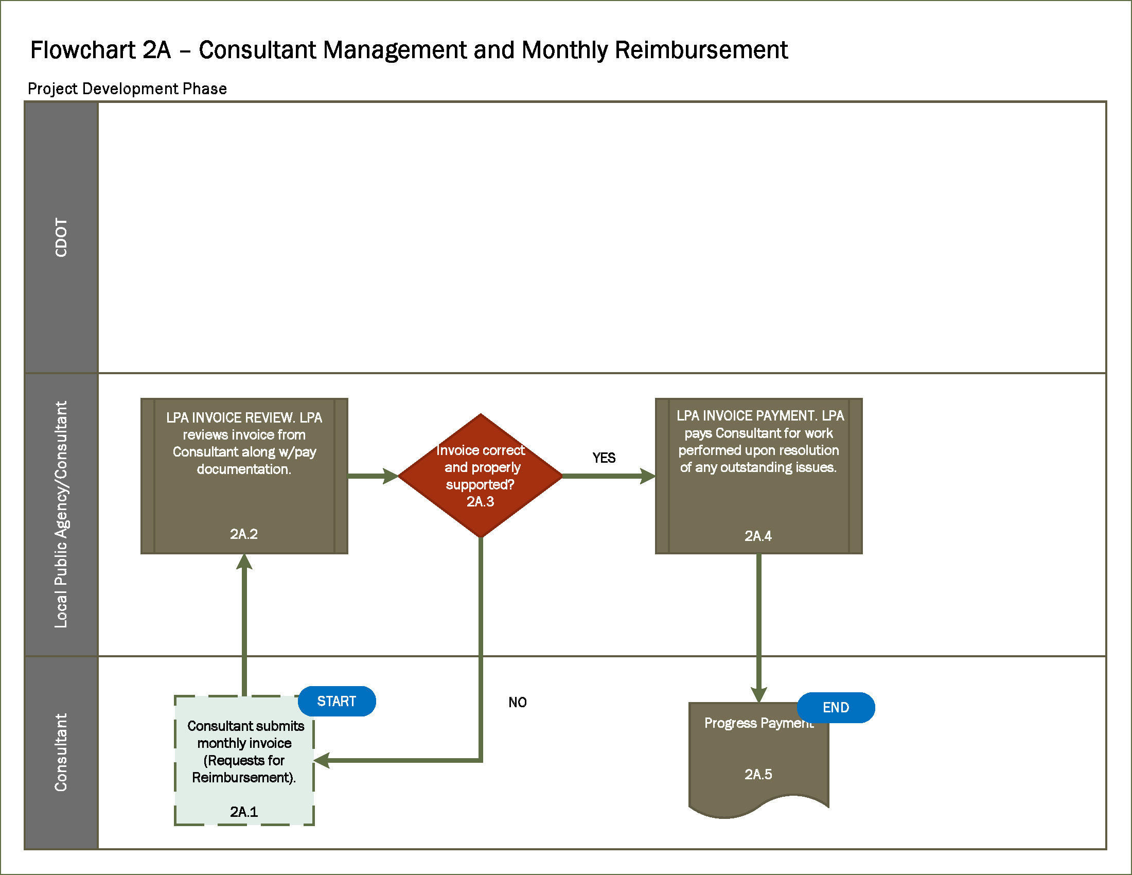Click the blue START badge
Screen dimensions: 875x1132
[x=337, y=702]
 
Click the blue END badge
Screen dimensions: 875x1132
[x=836, y=708]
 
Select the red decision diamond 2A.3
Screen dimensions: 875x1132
[x=480, y=475]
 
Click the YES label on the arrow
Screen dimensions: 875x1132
[x=604, y=458]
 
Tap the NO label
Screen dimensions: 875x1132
[x=517, y=703]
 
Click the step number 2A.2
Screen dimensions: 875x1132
[x=243, y=534]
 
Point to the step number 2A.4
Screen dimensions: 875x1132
[x=758, y=536]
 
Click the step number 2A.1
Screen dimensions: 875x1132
[x=243, y=812]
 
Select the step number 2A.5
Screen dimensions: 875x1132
[x=758, y=775]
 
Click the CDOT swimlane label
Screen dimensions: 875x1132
[x=61, y=237]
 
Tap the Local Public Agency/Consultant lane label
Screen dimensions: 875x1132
[x=61, y=514]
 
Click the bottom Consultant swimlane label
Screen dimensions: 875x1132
[x=61, y=752]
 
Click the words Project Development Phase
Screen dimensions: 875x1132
[x=127, y=89]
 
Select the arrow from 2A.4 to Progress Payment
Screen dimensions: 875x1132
[x=759, y=627]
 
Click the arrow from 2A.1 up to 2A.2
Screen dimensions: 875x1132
[x=244, y=627]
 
